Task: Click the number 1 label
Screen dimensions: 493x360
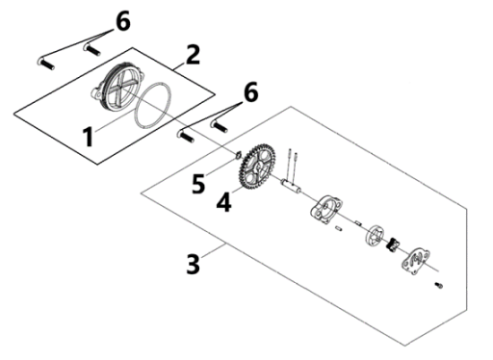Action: (89, 137)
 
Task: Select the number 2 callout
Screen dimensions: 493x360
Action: (193, 55)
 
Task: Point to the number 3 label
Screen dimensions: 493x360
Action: (194, 264)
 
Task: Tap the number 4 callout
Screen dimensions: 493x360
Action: (223, 202)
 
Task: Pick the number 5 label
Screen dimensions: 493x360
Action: (198, 184)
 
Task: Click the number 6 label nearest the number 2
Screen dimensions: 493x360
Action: (123, 21)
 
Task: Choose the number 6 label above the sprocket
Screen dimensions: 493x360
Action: (251, 91)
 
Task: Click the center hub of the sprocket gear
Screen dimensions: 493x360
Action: (257, 168)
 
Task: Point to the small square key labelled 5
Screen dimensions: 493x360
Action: (238, 155)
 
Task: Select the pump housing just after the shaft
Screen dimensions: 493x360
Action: (326, 210)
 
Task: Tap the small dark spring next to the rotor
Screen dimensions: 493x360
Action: (392, 245)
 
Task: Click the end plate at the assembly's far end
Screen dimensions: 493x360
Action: (415, 261)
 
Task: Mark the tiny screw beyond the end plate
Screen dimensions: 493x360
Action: (439, 285)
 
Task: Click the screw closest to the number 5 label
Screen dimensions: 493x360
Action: (186, 136)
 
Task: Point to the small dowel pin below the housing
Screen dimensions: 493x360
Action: (339, 228)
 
